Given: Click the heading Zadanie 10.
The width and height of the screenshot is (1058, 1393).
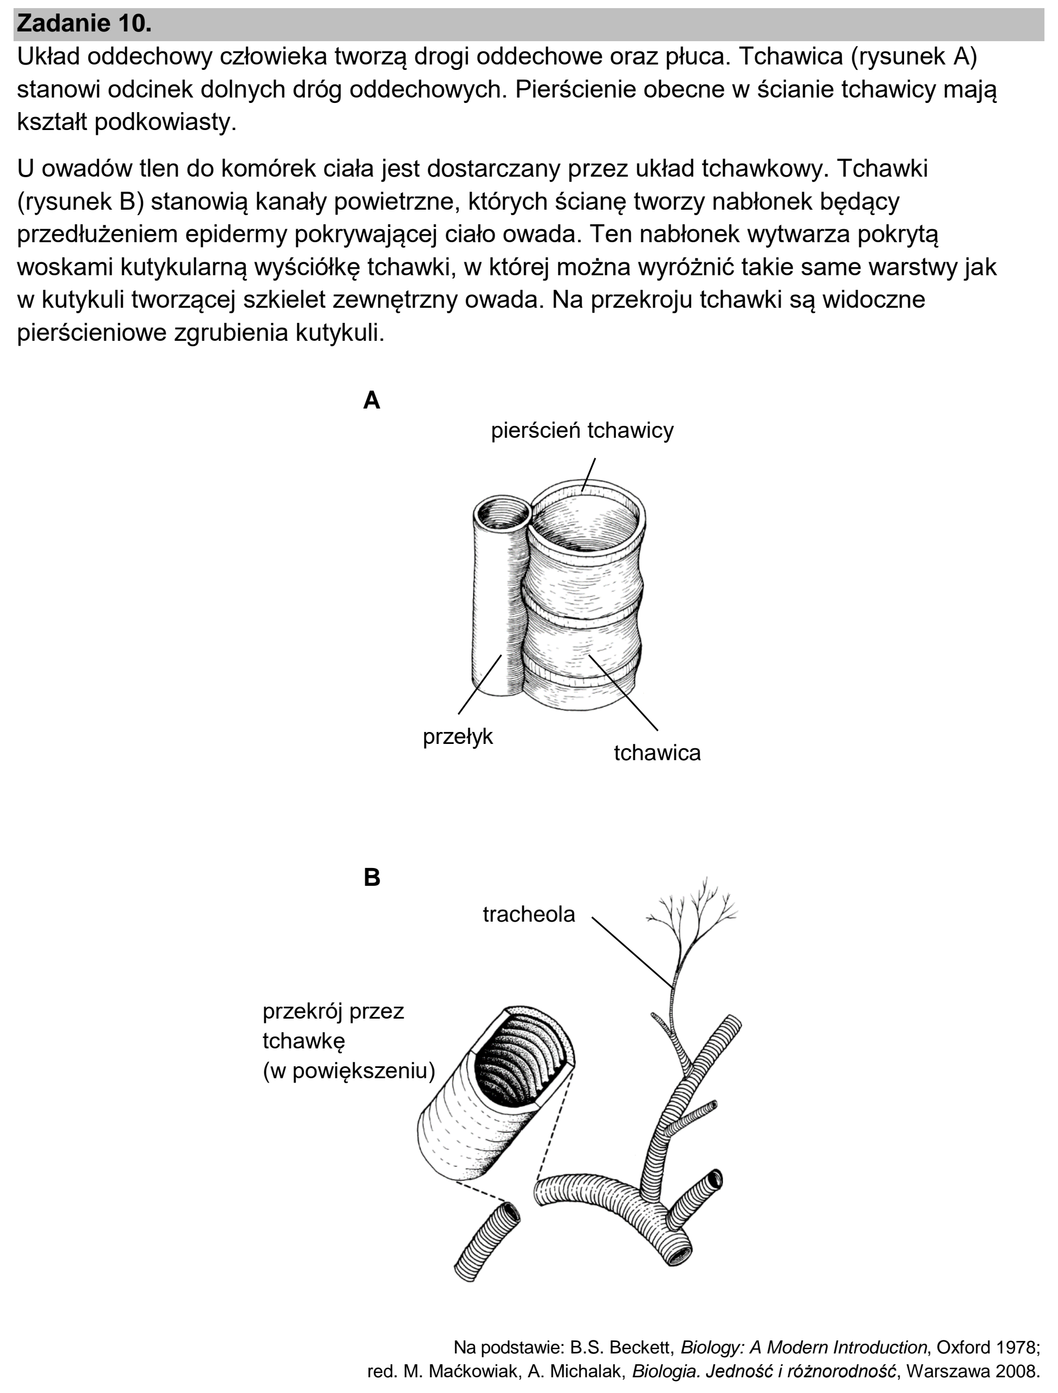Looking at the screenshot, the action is [85, 24].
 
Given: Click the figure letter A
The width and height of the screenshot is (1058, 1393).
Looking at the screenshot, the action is [372, 400].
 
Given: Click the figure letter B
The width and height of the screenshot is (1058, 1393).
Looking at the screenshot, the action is [372, 877].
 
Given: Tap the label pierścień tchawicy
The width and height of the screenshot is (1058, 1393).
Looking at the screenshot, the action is [582, 431].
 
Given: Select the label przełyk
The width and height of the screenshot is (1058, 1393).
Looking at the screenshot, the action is [458, 737].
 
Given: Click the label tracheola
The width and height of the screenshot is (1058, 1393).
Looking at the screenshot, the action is [529, 915].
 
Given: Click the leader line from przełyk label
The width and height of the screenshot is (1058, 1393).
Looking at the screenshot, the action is [480, 684].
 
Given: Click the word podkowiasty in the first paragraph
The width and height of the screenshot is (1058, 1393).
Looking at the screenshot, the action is [165, 122].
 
